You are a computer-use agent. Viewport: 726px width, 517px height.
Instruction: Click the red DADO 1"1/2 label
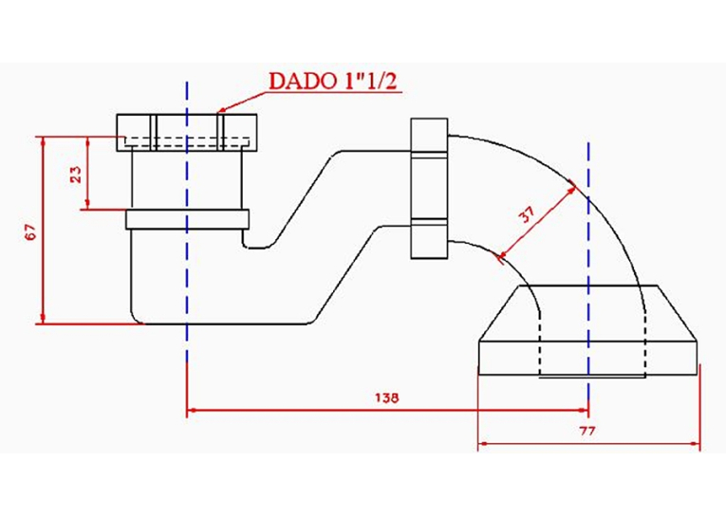pos(333,81)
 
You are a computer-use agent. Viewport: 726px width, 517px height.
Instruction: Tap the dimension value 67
pos(30,231)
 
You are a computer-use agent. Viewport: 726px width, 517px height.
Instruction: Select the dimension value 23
pos(76,174)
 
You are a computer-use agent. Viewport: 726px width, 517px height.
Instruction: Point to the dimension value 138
pos(386,397)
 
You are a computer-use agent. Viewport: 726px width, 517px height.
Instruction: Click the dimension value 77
pos(587,431)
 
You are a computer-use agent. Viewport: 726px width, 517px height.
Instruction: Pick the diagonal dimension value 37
pos(528,213)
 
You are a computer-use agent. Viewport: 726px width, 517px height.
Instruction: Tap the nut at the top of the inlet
pos(186,133)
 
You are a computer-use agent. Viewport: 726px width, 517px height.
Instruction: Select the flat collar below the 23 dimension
pos(188,219)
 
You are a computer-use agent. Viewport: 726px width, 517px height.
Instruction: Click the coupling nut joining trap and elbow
pos(429,188)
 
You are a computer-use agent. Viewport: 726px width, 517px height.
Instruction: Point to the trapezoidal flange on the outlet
pos(588,313)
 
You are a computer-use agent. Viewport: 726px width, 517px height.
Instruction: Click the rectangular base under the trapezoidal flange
pos(588,359)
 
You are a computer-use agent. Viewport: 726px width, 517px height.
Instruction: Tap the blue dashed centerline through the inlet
pos(187,221)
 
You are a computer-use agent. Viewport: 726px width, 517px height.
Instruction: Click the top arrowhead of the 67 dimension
pos(43,140)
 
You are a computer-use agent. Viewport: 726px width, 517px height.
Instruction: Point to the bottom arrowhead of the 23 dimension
pos(87,205)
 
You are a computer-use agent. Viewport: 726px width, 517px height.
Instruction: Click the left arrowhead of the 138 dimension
pos(191,410)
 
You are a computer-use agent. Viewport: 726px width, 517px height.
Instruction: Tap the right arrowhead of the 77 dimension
pos(696,444)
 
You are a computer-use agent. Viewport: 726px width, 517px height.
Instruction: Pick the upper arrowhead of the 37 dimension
pos(572,190)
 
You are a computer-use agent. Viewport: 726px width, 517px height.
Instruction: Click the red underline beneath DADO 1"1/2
pos(332,93)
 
